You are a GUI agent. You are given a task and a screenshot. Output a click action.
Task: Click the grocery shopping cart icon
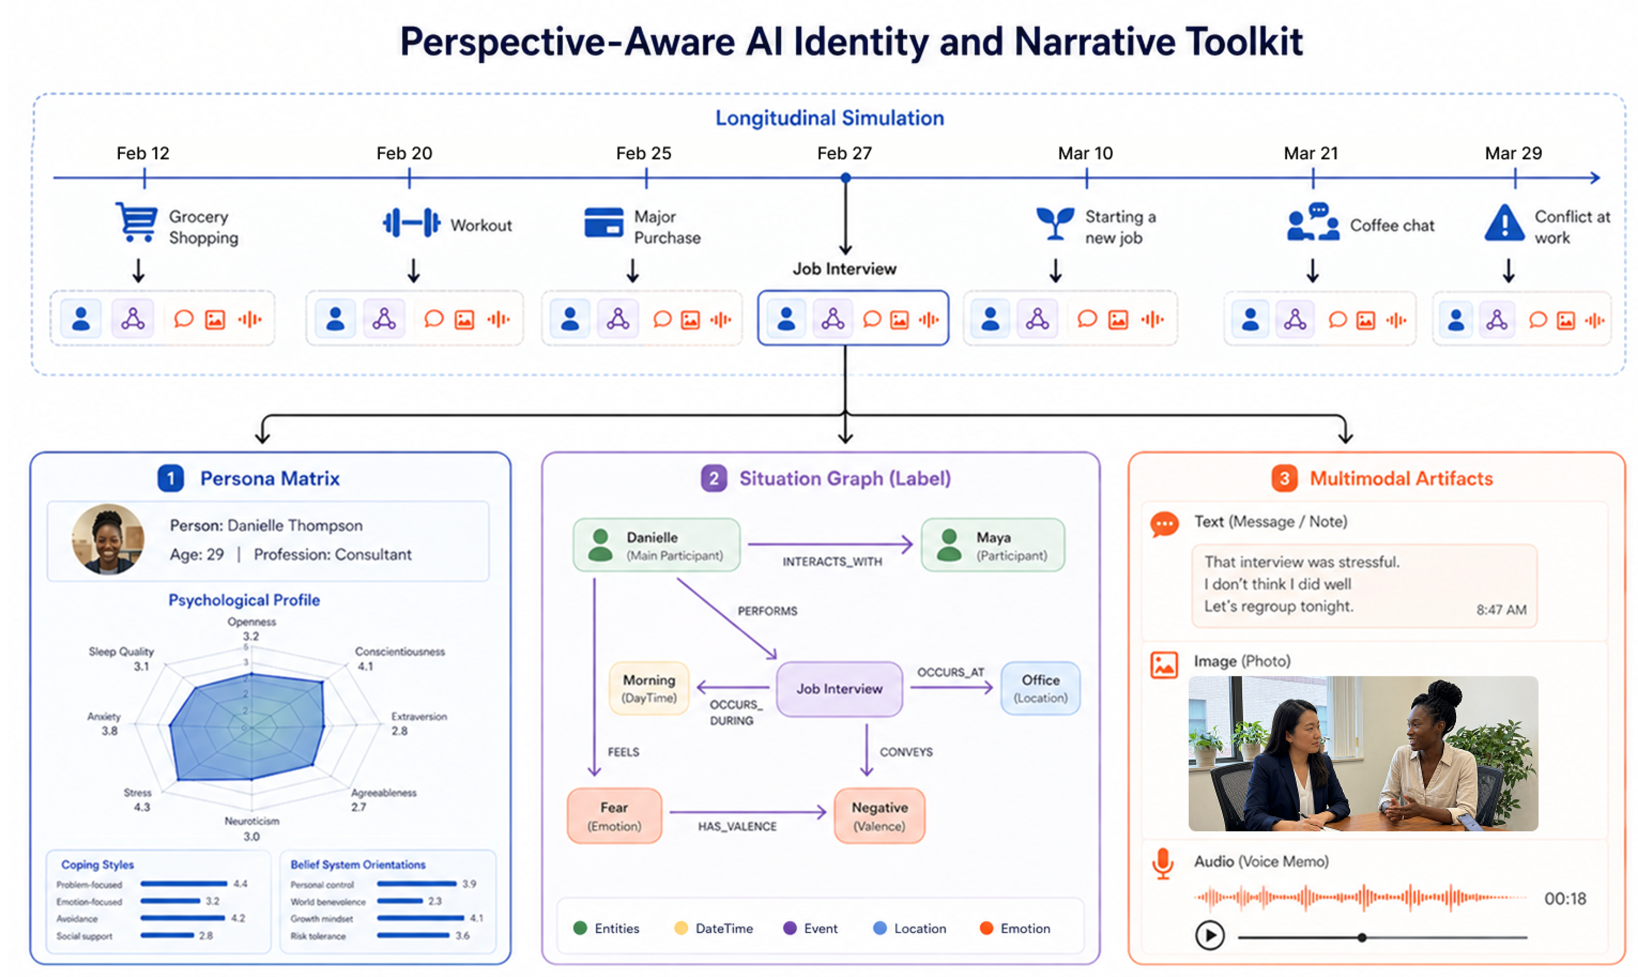(136, 222)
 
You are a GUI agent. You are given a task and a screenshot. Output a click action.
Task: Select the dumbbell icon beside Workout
(411, 222)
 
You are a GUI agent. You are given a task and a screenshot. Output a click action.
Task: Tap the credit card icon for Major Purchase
(603, 222)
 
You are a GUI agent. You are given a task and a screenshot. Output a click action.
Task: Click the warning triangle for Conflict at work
(1504, 222)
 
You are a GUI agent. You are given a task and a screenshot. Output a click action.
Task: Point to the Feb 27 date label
(845, 154)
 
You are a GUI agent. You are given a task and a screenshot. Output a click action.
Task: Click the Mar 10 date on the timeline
(1085, 154)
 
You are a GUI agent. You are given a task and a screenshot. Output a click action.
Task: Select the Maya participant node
(993, 545)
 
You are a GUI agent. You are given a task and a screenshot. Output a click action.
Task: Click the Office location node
(1041, 688)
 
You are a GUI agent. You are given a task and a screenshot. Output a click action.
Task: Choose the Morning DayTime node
(649, 688)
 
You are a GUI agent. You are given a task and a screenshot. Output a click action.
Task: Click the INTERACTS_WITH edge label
(832, 562)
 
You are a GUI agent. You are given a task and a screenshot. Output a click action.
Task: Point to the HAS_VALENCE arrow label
(737, 826)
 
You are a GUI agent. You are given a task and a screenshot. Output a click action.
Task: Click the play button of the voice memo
(1210, 935)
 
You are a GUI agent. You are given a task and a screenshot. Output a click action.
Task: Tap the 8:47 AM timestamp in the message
(1501, 610)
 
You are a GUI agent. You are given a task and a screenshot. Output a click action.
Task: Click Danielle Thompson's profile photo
(108, 540)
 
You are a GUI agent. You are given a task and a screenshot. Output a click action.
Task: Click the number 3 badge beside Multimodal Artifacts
(1284, 479)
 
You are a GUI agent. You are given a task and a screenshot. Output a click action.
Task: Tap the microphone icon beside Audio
(1163, 864)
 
